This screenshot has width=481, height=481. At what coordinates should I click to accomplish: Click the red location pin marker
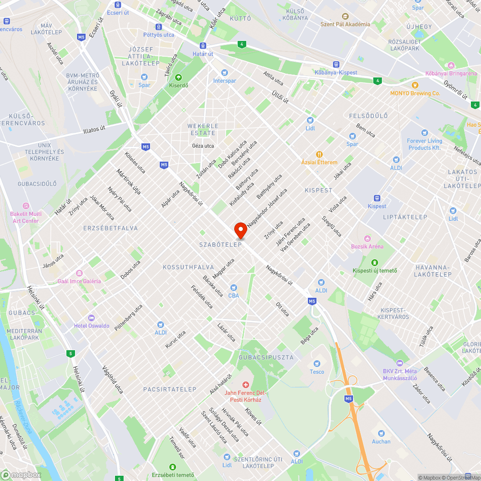(240, 230)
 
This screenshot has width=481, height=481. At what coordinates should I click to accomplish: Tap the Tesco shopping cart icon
(317, 363)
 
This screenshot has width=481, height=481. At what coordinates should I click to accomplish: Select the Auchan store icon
(381, 433)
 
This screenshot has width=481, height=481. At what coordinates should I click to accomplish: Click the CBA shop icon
(234, 287)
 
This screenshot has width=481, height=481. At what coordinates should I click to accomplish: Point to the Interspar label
(225, 81)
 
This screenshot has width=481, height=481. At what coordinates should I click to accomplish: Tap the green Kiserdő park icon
(178, 77)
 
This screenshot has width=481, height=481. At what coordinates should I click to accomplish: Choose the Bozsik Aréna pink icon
(368, 238)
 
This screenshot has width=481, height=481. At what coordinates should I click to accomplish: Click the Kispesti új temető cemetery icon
(375, 262)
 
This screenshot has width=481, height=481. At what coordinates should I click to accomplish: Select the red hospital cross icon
(245, 385)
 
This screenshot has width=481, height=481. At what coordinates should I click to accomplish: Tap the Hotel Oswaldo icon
(91, 317)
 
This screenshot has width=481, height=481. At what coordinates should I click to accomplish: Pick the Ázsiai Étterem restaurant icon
(319, 154)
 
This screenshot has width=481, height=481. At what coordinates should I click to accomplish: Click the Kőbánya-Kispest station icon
(336, 64)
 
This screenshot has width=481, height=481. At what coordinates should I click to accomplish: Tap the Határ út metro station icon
(203, 46)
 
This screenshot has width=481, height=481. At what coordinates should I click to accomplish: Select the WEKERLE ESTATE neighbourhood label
(203, 129)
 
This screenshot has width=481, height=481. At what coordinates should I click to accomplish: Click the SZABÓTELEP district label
(220, 244)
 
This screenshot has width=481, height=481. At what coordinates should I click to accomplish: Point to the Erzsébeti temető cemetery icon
(173, 467)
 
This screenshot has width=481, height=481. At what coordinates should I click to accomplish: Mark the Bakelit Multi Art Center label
(26, 217)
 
